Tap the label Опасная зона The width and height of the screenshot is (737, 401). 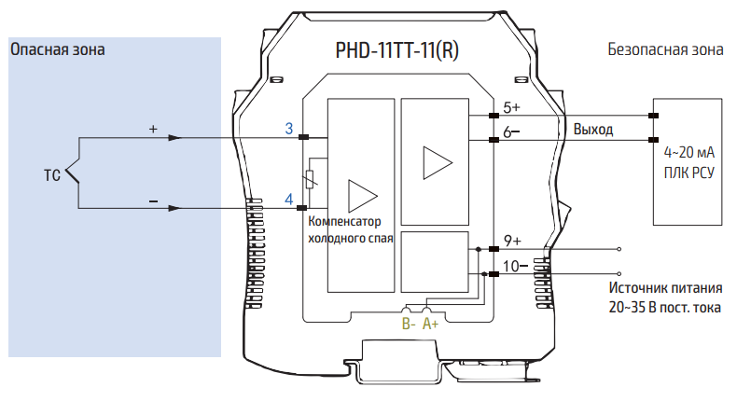click(57, 48)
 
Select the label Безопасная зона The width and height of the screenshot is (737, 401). click(664, 48)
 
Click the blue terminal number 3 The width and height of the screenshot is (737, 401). click(289, 128)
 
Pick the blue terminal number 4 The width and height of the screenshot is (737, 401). click(289, 199)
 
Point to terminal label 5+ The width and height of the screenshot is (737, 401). click(511, 108)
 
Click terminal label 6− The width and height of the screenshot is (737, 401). click(511, 132)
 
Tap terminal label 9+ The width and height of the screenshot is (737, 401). click(511, 241)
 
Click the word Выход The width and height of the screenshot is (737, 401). click(593, 129)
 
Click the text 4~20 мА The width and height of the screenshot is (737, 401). click(688, 152)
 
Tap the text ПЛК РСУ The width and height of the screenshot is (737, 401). click(688, 172)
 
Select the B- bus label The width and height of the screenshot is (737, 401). click(409, 324)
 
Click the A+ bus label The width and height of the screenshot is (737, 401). click(431, 324)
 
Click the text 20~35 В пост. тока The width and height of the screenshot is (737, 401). click(664, 306)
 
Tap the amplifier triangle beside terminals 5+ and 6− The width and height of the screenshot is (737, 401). click(436, 162)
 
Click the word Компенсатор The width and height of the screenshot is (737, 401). click(345, 222)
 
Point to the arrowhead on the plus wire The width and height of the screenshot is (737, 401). click(174, 138)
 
